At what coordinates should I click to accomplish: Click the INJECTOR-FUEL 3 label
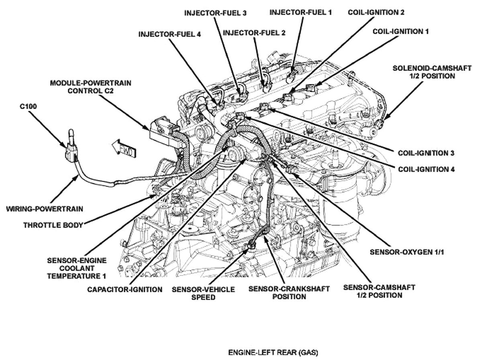[215, 13]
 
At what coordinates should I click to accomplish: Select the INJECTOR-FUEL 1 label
[300, 12]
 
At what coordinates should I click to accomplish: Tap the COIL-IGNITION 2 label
[376, 12]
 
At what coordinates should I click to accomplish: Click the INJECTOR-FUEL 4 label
[170, 34]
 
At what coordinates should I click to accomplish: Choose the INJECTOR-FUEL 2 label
[254, 33]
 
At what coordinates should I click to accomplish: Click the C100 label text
[28, 108]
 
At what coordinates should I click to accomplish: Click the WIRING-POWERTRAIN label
[45, 209]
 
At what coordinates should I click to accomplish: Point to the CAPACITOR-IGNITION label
[125, 289]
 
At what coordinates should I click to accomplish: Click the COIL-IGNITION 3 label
[426, 153]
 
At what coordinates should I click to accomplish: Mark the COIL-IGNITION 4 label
[426, 169]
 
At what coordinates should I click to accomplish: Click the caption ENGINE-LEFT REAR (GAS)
[273, 353]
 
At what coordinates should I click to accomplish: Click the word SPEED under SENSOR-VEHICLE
[203, 297]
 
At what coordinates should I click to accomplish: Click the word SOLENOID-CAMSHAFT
[432, 68]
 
